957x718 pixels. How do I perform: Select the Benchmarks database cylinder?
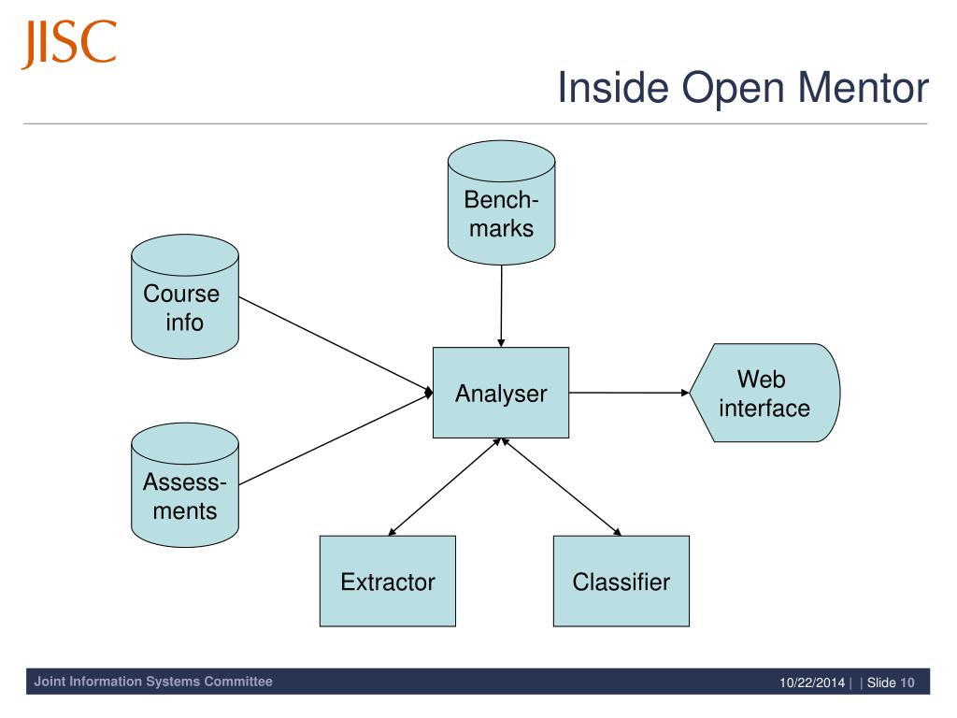point(501,203)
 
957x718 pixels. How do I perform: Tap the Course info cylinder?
point(185,296)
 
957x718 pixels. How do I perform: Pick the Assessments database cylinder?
point(185,485)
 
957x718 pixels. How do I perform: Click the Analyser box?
point(501,393)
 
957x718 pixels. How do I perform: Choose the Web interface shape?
point(764,393)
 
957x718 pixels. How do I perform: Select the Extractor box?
point(388,582)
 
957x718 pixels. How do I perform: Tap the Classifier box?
point(621,582)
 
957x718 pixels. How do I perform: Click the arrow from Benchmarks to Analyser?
point(501,307)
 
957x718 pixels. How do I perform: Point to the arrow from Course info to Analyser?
point(336,345)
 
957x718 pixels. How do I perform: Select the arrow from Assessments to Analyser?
point(336,438)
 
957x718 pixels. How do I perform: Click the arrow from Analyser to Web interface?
point(629,393)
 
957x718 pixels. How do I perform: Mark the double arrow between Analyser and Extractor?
point(445,486)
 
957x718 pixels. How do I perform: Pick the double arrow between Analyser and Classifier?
point(561,486)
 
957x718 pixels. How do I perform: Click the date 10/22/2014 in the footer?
point(812,682)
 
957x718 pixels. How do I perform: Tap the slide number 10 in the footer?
point(907,682)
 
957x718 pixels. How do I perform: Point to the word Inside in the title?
point(613,87)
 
